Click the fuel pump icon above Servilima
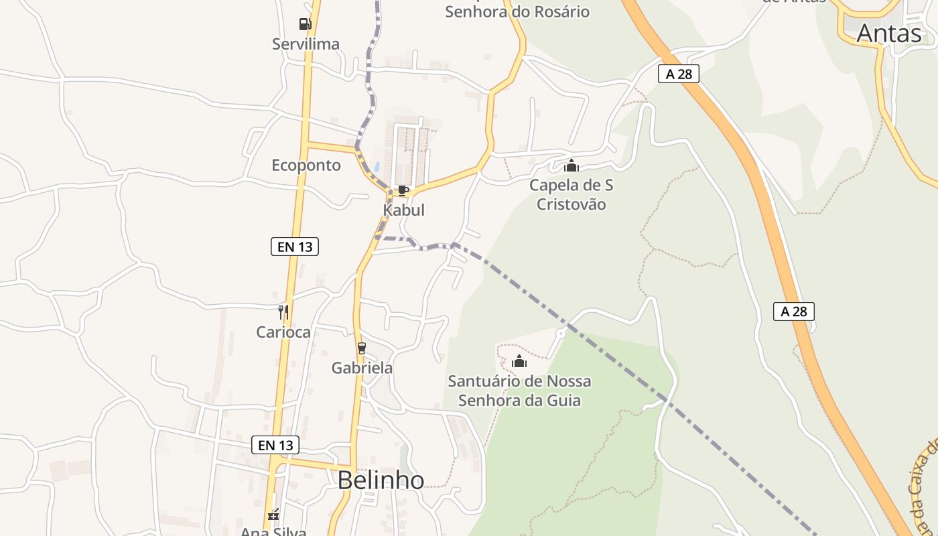pos(305,24)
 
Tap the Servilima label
pos(306,44)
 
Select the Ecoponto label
pos(306,165)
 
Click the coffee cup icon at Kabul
pos(403,191)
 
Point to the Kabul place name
pos(403,210)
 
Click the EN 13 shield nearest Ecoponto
pos(295,247)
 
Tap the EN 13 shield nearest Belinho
pos(275,445)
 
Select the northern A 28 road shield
pos(679,74)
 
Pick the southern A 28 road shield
pos(794,312)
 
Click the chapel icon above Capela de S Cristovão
pos(571,165)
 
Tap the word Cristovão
pos(571,204)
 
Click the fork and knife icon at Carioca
pos(283,312)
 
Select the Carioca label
pos(283,332)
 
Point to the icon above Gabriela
pos(362,348)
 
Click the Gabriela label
pos(362,368)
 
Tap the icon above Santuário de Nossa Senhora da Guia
pos(519,362)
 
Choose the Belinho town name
pos(381,480)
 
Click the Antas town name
pos(889,33)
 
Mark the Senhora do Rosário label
pos(517,11)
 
